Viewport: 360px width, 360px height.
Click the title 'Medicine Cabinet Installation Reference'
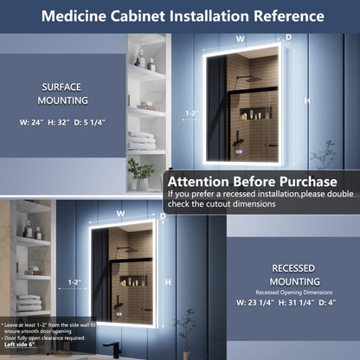(180, 16)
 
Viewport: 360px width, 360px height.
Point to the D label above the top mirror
(288, 38)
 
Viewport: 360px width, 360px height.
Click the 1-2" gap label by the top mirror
(192, 113)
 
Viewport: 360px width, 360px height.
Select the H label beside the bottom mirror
(167, 282)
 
